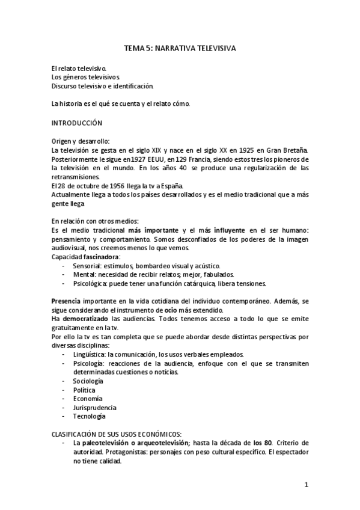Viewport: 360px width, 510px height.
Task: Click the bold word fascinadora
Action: [x=100, y=257]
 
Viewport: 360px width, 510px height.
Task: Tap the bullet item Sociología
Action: [x=88, y=381]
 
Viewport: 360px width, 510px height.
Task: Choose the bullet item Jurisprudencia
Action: [x=95, y=407]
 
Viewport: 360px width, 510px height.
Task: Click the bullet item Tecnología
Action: [x=89, y=416]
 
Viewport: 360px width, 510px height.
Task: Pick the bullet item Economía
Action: [x=88, y=398]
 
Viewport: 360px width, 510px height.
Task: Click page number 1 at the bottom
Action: [x=306, y=484]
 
